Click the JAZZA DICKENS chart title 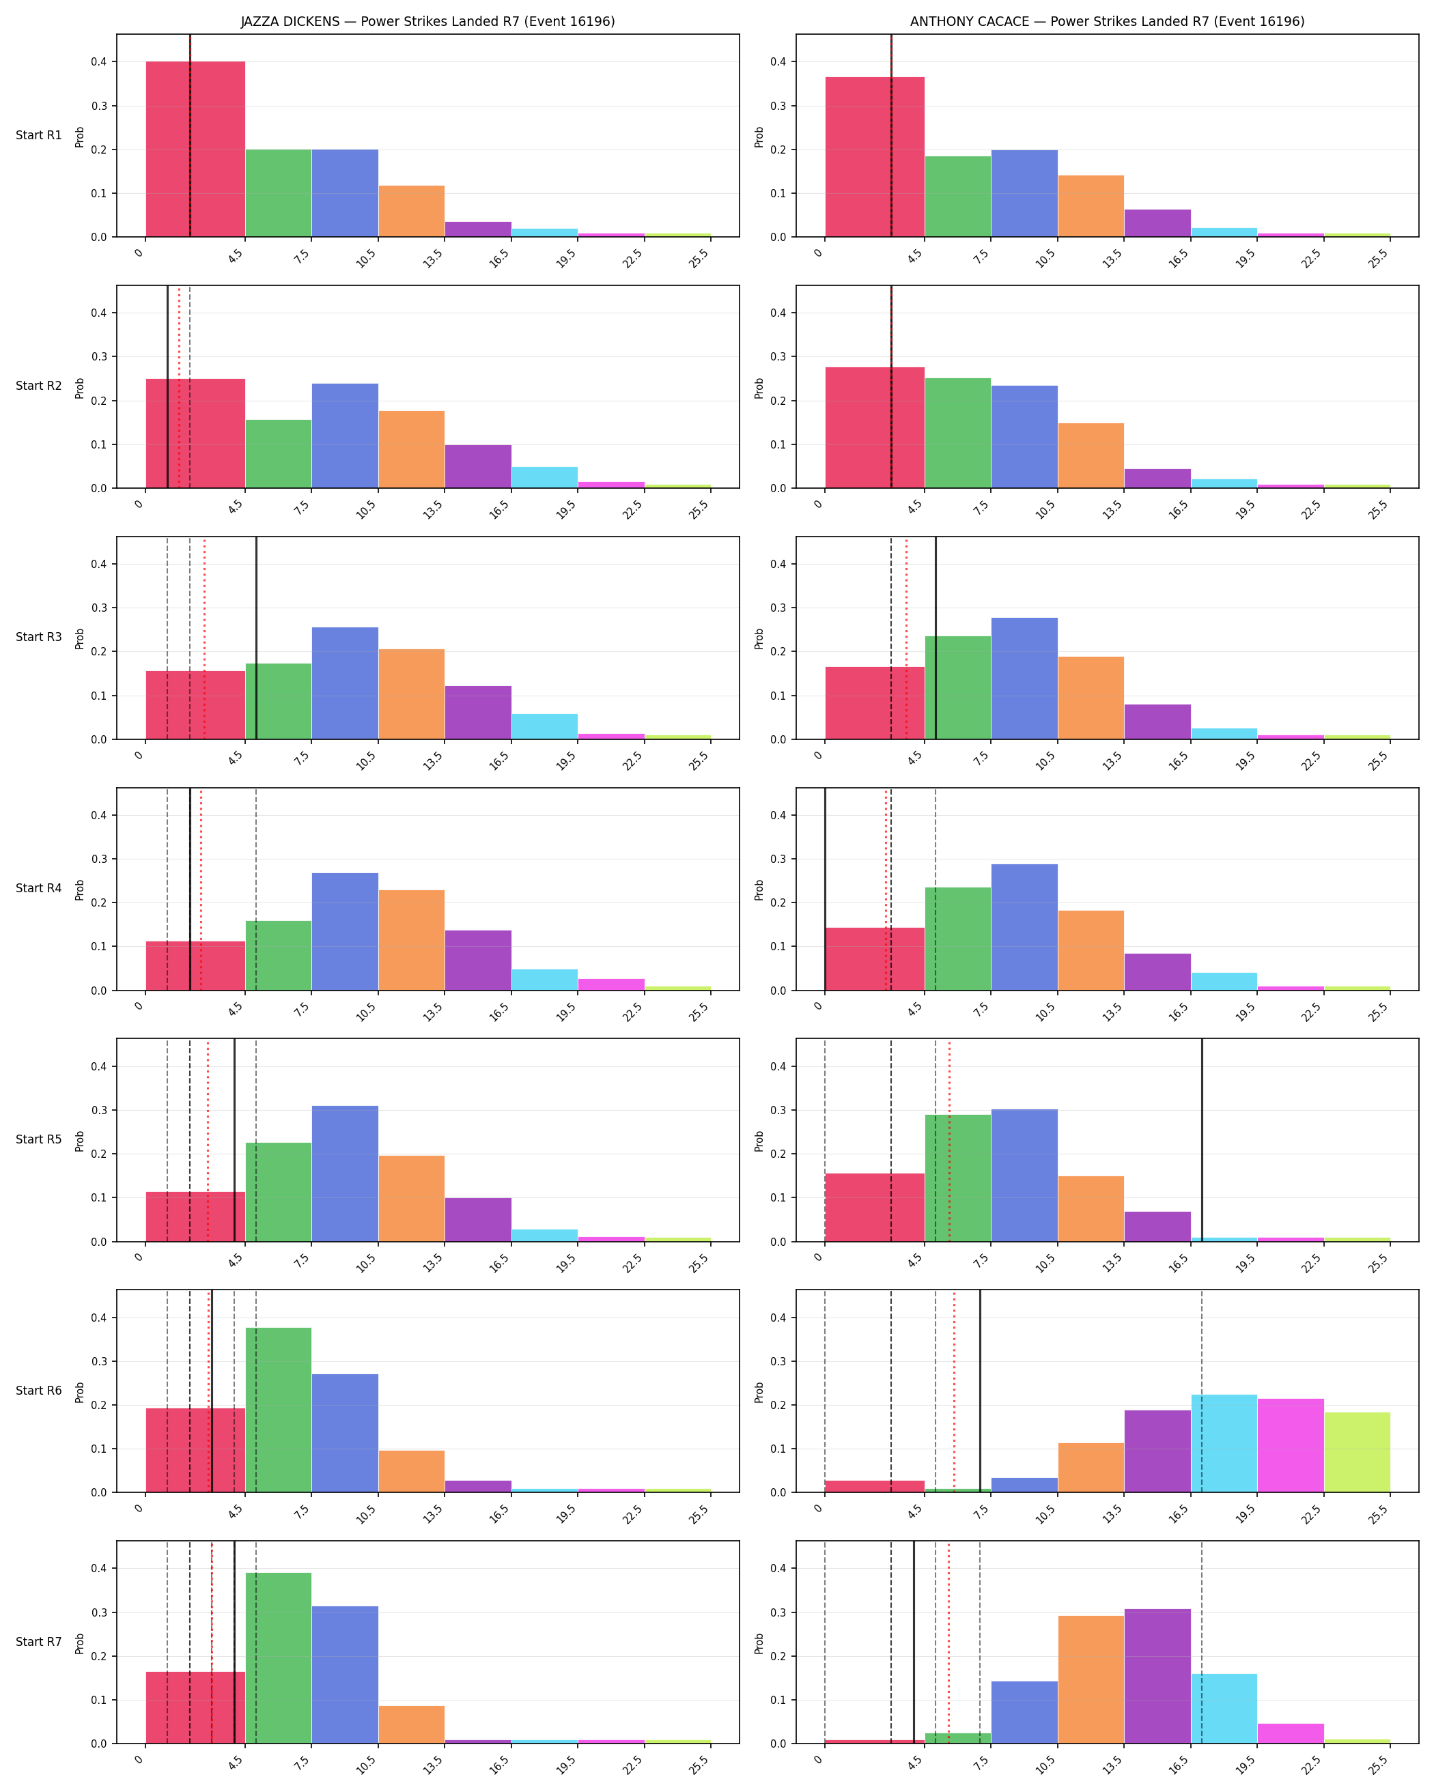[428, 22]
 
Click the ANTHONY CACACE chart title [1108, 22]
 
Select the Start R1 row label [39, 135]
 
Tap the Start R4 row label [39, 889]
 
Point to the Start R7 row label [39, 1642]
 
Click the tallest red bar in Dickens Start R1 [195, 150]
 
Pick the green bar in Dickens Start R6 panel [279, 1410]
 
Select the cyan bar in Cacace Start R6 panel [1224, 1444]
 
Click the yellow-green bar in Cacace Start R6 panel [1357, 1453]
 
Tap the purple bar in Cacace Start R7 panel [1157, 1677]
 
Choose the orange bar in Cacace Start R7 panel [1091, 1680]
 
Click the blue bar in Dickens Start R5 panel [345, 1174]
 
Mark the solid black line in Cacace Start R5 [1202, 1140]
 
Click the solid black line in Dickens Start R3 [256, 638]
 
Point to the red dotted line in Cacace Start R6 [955, 1391]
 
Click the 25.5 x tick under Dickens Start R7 [699, 1765]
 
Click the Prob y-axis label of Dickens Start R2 [80, 388]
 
